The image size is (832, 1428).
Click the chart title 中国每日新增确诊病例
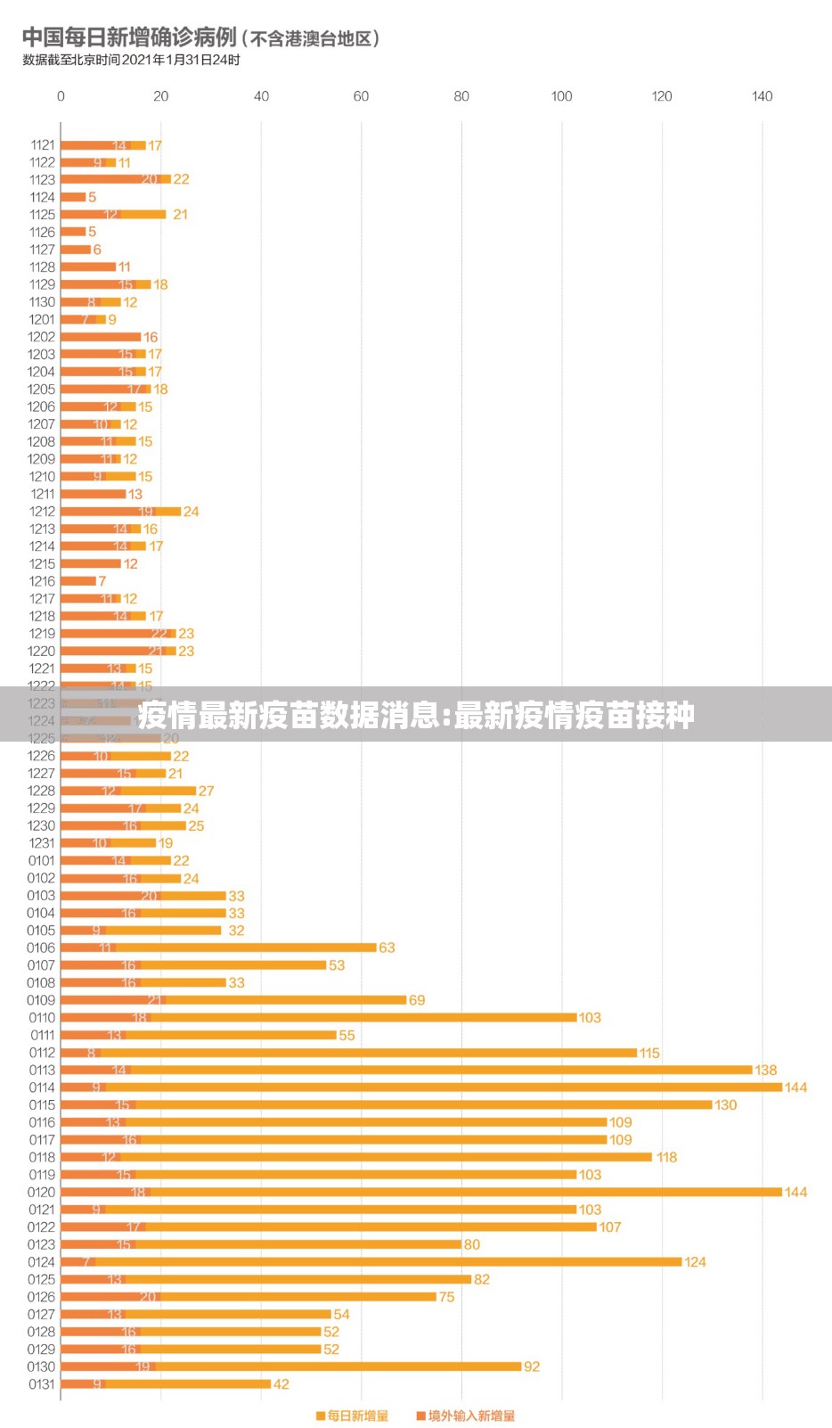point(129,37)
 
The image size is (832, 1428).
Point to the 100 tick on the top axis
point(561,96)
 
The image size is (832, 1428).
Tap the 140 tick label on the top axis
point(762,96)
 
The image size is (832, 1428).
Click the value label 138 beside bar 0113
point(765,1070)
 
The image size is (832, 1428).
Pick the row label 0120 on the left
point(41,1192)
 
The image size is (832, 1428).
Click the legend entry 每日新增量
point(353,1416)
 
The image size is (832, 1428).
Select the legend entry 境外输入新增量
point(466,1416)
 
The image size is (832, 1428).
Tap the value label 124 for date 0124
point(695,1262)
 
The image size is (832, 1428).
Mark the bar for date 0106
point(218,948)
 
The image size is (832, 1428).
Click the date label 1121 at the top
point(43,144)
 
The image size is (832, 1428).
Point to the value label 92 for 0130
point(532,1366)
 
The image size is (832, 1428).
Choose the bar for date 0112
point(348,1053)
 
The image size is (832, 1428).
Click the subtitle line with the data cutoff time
point(131,61)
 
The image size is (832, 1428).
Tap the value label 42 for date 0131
point(281,1384)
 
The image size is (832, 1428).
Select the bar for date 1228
point(128,791)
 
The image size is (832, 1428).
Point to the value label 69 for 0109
point(417,1000)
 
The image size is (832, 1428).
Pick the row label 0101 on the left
point(41,860)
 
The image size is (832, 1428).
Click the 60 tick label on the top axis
point(361,96)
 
